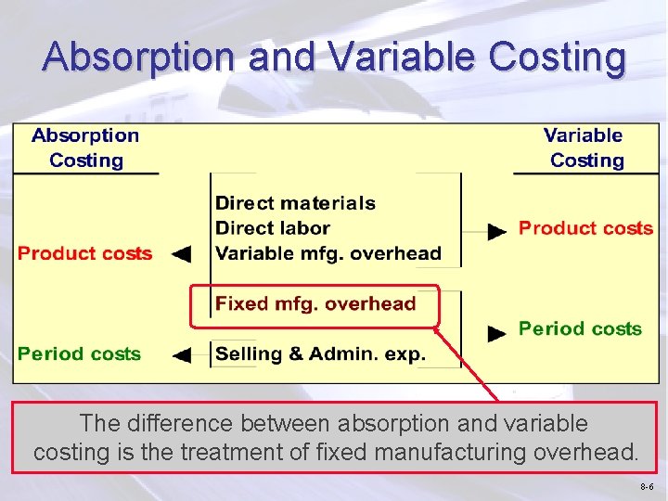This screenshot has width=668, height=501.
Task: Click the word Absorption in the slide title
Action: (x=140, y=57)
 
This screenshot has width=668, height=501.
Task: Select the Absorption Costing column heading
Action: (x=85, y=148)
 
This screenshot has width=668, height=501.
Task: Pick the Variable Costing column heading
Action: (x=584, y=148)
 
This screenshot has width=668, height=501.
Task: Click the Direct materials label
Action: (x=295, y=203)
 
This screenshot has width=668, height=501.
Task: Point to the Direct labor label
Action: (x=272, y=228)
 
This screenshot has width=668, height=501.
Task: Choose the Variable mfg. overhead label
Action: (x=328, y=253)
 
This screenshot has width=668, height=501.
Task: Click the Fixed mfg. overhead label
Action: (x=315, y=303)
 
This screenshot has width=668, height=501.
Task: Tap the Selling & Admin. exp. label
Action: (x=320, y=353)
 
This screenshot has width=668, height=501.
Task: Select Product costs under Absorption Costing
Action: (x=84, y=253)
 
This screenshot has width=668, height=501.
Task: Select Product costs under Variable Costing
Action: (x=585, y=228)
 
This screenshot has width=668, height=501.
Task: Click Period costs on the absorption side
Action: (x=79, y=353)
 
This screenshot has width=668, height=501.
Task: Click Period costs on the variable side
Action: (x=580, y=328)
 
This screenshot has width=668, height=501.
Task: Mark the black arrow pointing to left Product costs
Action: (x=182, y=253)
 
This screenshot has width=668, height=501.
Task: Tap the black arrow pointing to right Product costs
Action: (x=498, y=229)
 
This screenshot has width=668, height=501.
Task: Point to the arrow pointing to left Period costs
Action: (x=182, y=353)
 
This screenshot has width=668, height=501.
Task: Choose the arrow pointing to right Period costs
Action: (x=498, y=330)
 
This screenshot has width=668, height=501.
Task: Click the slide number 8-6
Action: (x=646, y=486)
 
